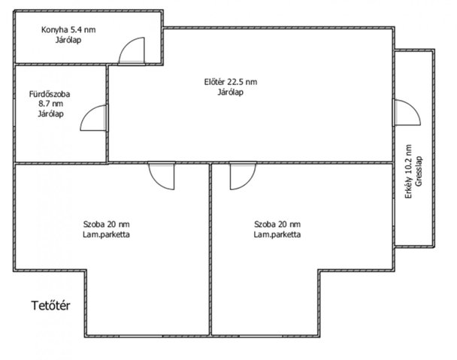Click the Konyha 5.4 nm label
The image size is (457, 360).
[68, 30]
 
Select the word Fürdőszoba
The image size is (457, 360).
[50, 94]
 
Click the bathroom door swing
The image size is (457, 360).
[87, 112]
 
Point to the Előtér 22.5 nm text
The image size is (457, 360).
[231, 82]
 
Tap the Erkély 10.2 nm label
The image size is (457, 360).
[409, 171]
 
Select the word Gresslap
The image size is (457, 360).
[419, 171]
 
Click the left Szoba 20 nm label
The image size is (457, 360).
[107, 224]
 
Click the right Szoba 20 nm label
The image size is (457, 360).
[277, 224]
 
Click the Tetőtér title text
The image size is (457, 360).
[50, 305]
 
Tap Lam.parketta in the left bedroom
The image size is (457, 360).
[107, 234]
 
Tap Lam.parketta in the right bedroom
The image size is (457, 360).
[277, 234]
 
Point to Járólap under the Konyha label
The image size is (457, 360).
[68, 40]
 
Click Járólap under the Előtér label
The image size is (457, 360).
[231, 92]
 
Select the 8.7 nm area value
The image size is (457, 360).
[50, 104]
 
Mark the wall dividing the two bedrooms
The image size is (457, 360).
[210, 250]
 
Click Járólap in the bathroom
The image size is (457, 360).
[50, 113]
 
